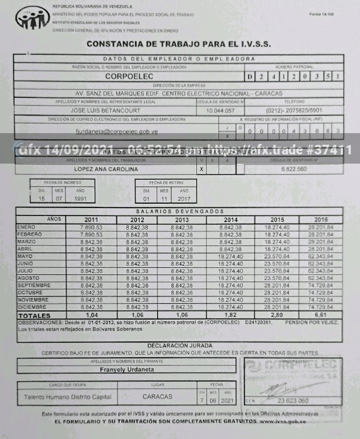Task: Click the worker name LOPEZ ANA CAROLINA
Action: click(105, 169)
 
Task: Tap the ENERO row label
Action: click(26, 227)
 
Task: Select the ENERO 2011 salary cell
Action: click(92, 227)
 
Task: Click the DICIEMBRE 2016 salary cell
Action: click(320, 307)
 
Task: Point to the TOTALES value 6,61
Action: click(320, 316)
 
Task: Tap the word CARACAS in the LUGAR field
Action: click(157, 396)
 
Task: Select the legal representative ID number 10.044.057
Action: click(221, 110)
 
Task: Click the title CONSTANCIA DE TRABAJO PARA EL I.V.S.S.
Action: click(178, 44)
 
